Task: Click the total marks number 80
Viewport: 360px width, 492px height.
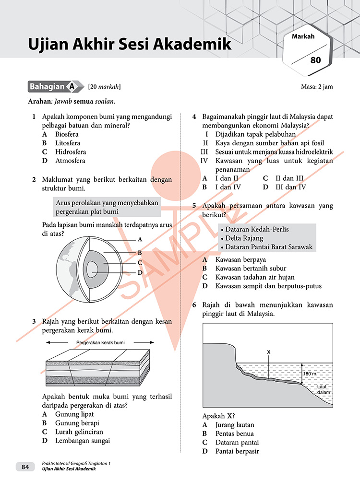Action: pos(315,60)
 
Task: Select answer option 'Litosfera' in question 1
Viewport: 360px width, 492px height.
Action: pos(68,143)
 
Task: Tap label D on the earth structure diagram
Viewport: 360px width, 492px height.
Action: pos(140,272)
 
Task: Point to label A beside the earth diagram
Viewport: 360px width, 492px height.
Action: pos(140,238)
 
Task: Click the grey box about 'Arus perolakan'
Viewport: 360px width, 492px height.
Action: pos(107,207)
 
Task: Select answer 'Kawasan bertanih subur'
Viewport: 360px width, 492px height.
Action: pos(251,268)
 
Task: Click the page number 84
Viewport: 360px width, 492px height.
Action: pos(25,467)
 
